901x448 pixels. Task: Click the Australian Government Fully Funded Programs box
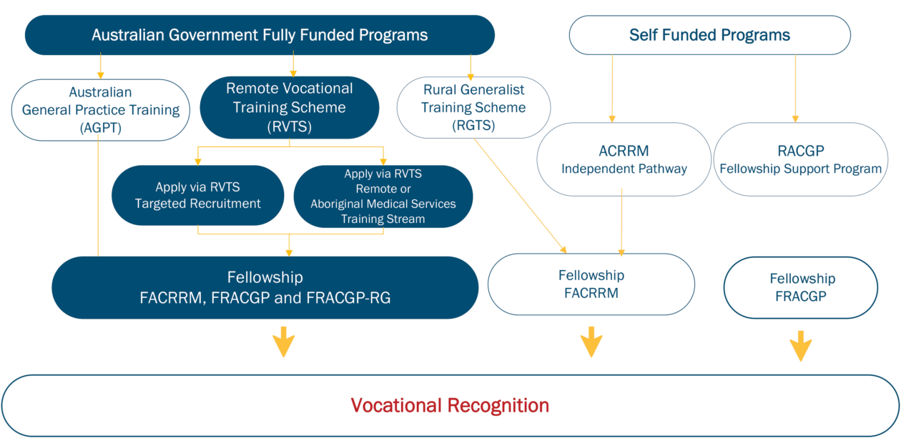[260, 35]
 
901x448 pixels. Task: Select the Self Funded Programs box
[709, 35]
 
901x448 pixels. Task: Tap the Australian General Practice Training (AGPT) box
[100, 109]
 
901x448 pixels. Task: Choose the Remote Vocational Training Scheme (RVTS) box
[289, 107]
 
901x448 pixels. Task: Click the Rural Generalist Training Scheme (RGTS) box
[473, 107]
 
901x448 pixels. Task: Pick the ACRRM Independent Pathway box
[624, 159]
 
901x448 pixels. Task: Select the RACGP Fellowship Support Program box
[800, 159]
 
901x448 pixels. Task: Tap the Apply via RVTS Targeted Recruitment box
[197, 195]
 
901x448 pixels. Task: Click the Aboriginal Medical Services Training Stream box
[383, 196]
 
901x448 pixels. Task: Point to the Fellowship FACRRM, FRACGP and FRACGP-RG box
[265, 287]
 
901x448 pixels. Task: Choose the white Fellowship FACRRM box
[591, 284]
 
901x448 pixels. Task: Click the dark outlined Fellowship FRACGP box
[801, 287]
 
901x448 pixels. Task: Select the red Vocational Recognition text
[450, 406]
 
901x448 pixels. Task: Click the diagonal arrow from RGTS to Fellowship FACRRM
[520, 195]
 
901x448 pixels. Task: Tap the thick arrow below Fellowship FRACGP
[801, 346]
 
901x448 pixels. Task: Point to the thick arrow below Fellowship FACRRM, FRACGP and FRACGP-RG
[284, 342]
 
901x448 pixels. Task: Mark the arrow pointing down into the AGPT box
[100, 67]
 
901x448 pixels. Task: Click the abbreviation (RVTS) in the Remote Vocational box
[289, 126]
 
